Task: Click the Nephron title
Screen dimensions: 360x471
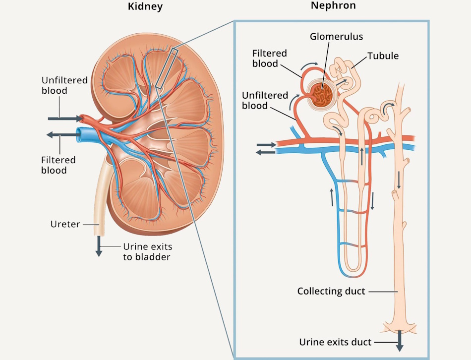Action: click(x=333, y=6)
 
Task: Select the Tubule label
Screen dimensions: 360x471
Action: click(x=383, y=56)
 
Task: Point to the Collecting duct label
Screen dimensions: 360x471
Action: click(x=331, y=291)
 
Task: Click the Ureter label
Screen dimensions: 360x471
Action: click(x=65, y=224)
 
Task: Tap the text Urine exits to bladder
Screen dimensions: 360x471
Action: click(x=147, y=251)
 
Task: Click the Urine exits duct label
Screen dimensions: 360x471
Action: click(x=335, y=342)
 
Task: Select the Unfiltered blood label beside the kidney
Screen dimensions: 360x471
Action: click(x=64, y=85)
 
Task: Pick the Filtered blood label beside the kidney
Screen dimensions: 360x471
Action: click(x=59, y=165)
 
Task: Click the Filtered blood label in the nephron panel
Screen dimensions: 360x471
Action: click(x=269, y=59)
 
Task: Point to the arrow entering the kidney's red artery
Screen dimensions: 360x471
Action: click(x=65, y=119)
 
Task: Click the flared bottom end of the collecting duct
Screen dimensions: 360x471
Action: click(x=400, y=328)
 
